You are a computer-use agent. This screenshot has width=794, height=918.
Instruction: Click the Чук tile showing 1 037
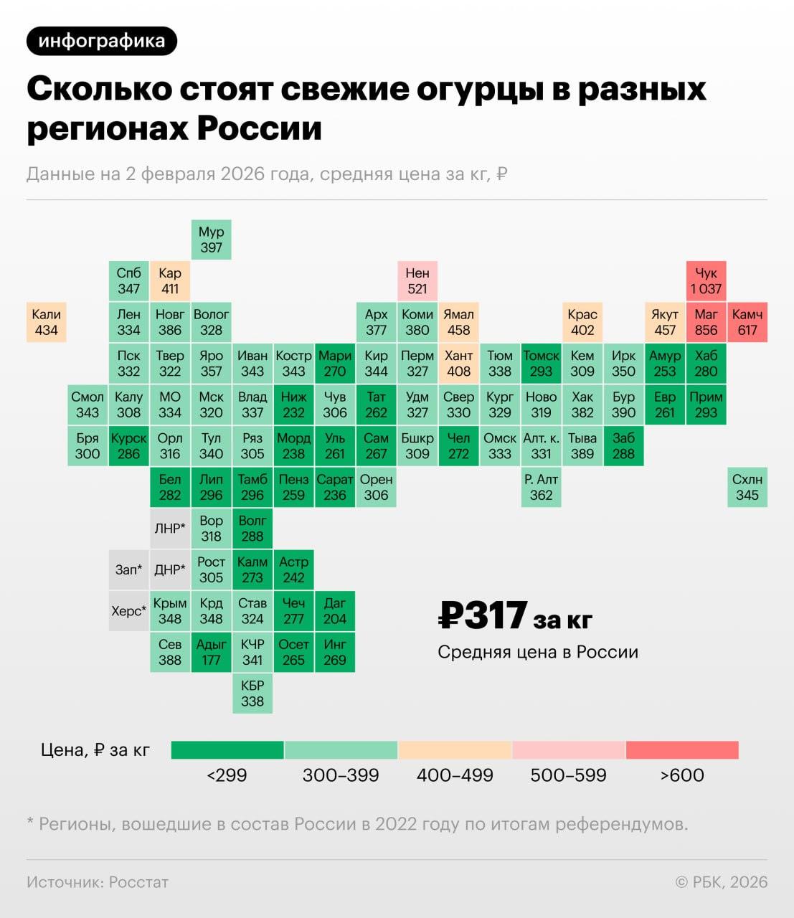706,281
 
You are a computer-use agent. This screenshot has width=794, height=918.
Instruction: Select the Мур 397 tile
212,240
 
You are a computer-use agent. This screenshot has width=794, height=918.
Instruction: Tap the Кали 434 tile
47,322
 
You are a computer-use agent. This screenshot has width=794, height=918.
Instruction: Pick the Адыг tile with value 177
212,652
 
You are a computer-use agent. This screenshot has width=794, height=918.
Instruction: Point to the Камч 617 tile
747,322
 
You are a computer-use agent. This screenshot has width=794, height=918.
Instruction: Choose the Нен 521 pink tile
417,281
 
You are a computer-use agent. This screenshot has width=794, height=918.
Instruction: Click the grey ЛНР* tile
170,529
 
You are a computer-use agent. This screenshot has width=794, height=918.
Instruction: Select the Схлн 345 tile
747,487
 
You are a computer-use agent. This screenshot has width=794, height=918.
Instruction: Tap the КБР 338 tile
252,694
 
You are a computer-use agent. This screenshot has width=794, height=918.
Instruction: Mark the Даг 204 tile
335,611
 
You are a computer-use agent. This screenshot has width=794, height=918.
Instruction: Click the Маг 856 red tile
706,322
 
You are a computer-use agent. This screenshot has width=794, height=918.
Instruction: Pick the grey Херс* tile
129,611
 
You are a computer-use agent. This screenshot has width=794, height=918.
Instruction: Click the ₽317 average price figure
483,616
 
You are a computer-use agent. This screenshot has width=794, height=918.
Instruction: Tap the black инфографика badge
102,41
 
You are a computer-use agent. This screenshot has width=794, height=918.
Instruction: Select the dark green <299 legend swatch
227,750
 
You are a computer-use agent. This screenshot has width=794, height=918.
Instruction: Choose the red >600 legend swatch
682,750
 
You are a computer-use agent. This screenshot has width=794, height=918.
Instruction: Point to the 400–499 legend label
455,775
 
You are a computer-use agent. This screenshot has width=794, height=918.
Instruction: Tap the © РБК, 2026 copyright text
721,882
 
